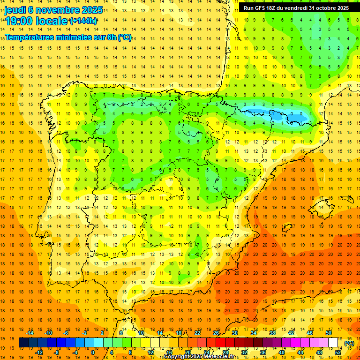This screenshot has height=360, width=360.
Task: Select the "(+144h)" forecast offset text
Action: point(83,21)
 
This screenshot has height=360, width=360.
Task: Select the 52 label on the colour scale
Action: point(338,352)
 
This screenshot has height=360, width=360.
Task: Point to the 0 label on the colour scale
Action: point(92,352)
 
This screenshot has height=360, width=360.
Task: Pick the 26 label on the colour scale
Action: point(216,333)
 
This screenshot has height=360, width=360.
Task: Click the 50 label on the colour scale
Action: point(329,333)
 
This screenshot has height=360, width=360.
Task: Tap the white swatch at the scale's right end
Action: point(333,343)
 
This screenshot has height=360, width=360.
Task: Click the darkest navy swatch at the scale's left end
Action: point(23,343)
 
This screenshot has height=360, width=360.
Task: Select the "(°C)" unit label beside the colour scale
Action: point(349,343)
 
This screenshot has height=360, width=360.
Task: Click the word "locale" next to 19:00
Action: point(52,21)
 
